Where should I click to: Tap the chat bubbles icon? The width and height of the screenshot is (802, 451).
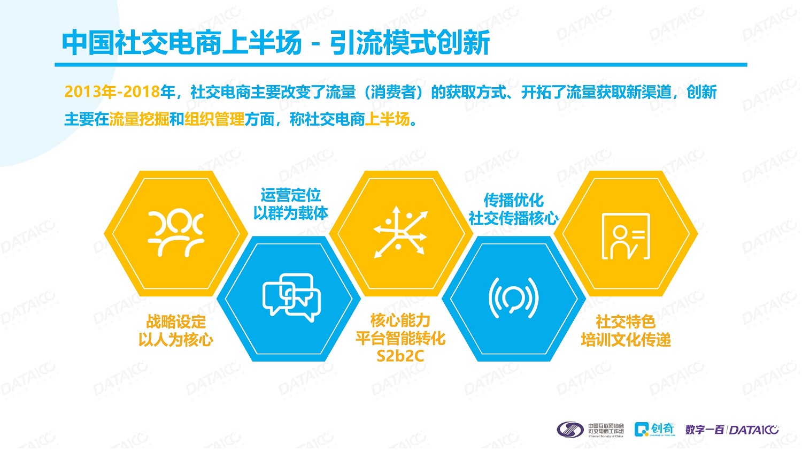tap(291, 297)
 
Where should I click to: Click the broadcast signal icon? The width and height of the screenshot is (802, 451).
tap(513, 297)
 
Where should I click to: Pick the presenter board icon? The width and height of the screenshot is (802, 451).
tap(626, 236)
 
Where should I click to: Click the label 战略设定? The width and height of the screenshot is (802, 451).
tap(176, 322)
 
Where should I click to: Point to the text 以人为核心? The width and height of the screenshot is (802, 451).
tap(176, 340)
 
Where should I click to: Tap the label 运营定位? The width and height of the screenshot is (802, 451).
tap(291, 195)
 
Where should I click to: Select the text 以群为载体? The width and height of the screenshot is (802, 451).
tap(291, 213)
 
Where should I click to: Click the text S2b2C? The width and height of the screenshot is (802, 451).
tap(400, 356)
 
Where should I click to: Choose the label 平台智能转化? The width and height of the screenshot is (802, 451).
tap(400, 338)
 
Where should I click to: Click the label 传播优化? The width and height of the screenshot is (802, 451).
tap(514, 200)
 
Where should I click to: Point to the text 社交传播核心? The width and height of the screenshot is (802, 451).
tap(514, 218)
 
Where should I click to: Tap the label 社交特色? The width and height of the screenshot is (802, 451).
tap(626, 322)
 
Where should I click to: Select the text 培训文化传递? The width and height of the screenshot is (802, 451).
tap(626, 340)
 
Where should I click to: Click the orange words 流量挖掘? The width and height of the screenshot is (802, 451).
tap(139, 119)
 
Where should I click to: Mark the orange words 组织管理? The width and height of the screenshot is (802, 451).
tap(214, 119)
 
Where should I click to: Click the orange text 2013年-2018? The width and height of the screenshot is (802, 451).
tap(112, 91)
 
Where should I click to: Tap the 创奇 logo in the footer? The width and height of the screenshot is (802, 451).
tap(654, 429)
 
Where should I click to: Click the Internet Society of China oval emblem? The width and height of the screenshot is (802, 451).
tap(570, 430)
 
